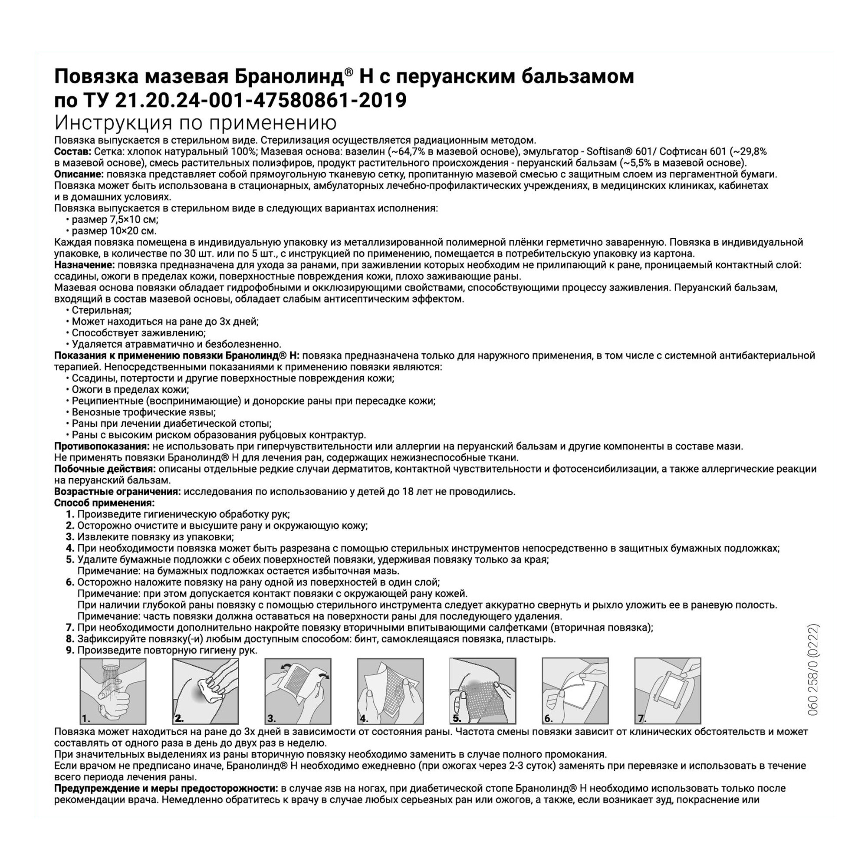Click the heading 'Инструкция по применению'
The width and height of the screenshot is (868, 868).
[195, 123]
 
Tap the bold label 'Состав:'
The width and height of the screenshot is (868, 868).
[72, 151]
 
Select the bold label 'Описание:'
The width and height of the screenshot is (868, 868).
[79, 174]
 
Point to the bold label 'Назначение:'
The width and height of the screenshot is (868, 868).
[84, 265]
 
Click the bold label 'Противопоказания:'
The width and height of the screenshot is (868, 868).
[102, 446]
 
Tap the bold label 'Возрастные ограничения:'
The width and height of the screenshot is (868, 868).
[117, 492]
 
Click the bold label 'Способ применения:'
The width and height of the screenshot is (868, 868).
[104, 503]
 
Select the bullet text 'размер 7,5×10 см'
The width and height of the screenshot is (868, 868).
[115, 219]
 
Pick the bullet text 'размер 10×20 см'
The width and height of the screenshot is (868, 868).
[114, 231]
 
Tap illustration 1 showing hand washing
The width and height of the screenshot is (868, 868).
[113, 691]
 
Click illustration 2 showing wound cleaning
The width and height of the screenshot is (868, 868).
[205, 691]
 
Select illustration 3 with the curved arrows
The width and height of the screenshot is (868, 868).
[298, 691]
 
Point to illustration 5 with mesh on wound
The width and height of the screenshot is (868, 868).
[483, 691]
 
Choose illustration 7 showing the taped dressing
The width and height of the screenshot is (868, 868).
[667, 691]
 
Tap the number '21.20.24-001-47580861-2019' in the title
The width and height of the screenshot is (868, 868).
[260, 100]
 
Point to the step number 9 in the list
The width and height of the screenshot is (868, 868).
[69, 650]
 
